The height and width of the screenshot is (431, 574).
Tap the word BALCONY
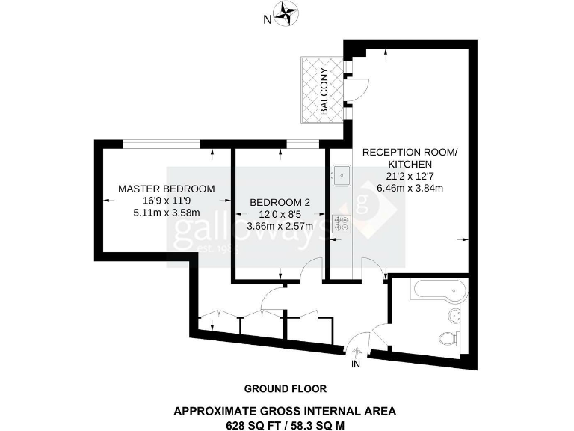coord(324,91)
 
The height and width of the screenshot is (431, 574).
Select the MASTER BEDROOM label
coord(167,188)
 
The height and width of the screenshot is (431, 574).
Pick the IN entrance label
coord(357,364)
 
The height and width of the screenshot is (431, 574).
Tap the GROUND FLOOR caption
coord(286,388)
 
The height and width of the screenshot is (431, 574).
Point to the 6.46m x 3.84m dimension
coord(409,188)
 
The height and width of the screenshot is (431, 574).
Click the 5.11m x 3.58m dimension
coord(167,212)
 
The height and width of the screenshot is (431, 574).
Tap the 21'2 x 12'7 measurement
coord(408,176)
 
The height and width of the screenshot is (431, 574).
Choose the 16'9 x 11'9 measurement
coord(167,200)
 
